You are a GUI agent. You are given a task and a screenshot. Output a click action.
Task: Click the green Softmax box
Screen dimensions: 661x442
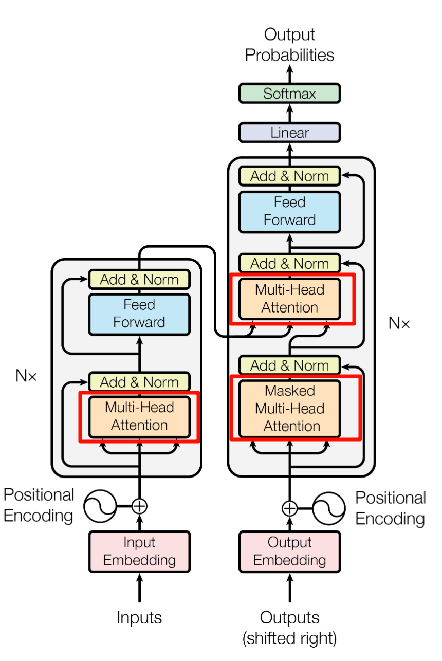point(289,94)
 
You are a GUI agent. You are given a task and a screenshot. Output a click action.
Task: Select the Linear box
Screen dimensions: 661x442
point(289,133)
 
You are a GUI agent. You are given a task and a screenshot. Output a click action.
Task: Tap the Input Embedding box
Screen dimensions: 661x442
point(139,551)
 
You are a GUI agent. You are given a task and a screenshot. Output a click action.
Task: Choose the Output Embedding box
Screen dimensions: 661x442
point(289,551)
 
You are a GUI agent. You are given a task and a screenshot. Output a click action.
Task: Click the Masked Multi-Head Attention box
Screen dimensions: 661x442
point(289,409)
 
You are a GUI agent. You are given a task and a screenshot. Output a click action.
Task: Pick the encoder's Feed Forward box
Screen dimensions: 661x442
point(139,314)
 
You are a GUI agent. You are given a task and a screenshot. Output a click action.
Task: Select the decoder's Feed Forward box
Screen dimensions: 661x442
point(289,211)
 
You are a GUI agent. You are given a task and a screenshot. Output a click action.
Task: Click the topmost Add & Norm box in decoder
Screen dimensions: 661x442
point(289,176)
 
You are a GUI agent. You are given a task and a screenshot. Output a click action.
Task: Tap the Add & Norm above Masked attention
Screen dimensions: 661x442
point(289,365)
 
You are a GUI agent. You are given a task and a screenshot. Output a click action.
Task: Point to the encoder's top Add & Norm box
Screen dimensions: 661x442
point(139,280)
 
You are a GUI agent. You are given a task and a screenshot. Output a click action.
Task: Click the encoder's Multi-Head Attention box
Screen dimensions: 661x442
point(139,416)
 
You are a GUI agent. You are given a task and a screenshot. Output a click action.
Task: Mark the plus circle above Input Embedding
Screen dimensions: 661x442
point(139,506)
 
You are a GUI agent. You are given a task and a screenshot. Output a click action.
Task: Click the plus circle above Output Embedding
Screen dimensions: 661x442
point(289,508)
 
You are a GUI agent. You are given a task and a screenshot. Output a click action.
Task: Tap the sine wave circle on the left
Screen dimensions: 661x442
point(100,506)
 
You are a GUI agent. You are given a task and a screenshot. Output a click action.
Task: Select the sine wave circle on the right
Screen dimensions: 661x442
point(329,508)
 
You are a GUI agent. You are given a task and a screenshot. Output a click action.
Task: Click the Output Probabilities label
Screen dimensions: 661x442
point(289,45)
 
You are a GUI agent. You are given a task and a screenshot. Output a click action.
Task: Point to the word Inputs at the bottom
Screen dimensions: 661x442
point(139,617)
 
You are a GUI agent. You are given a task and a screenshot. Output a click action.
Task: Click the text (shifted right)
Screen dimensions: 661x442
point(289,638)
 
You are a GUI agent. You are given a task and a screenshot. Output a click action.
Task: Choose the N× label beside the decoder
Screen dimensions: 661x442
point(399,323)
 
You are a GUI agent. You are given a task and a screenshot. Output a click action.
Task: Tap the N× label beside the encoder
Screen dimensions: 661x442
point(26,376)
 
